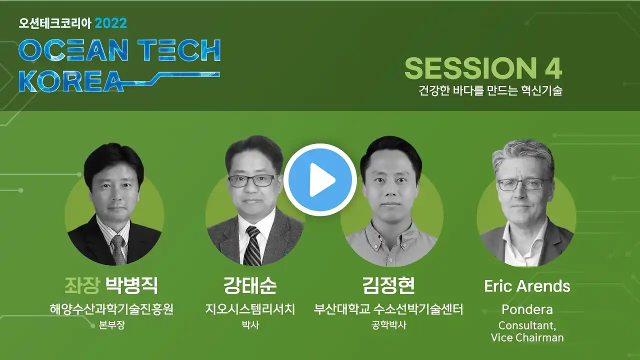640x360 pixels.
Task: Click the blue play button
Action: pos(320,179)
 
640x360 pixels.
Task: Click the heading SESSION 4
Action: pos(483,68)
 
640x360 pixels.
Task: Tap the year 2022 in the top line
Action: pos(110,23)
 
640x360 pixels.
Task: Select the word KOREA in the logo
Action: pos(71,81)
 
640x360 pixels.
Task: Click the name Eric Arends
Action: pos(527,286)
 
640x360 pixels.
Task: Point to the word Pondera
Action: pos(527,309)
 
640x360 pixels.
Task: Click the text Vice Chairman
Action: pos(527,337)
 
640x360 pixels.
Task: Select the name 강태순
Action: pos(250,285)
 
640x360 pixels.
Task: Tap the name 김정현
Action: pos(388,285)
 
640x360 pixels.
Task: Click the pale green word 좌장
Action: pos(82,285)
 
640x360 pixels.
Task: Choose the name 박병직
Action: pos(131,285)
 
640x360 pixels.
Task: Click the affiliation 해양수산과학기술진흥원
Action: pos(111,309)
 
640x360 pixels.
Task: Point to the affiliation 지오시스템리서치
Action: pos(250,309)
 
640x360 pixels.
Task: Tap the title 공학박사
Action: pos(388,325)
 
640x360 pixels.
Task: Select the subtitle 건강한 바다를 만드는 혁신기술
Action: pos(490,90)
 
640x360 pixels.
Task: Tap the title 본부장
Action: pos(111,325)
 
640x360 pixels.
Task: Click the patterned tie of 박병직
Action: pos(118,250)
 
